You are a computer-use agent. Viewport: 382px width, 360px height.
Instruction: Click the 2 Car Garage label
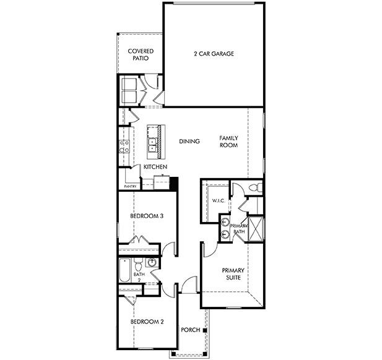pos(214,54)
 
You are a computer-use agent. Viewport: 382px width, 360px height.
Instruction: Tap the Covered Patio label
pos(141,55)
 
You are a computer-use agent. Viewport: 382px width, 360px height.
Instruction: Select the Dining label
pos(189,141)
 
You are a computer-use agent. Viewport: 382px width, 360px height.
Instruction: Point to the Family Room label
pos(228,142)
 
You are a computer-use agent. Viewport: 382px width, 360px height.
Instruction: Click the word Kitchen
pos(155,167)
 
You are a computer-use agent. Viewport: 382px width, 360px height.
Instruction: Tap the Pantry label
pos(130,186)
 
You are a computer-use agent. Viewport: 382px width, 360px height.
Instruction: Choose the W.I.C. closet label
pos(218,201)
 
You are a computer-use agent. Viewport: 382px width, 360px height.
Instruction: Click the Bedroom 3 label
pos(147,216)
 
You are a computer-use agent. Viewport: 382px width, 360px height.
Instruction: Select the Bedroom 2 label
pos(147,322)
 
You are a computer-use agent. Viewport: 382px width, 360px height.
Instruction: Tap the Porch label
pos(191,330)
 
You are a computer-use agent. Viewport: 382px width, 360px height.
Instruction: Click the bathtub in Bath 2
pos(125,270)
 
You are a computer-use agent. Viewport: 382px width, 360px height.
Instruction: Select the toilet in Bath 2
pos(138,265)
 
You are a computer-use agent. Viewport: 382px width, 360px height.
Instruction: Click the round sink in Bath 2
pos(152,263)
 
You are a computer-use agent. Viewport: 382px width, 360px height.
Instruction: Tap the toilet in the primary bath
pos(255,187)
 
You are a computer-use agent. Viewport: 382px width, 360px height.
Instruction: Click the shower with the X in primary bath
pos(256,229)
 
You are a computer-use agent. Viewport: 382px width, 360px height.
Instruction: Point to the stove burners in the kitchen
pos(124,147)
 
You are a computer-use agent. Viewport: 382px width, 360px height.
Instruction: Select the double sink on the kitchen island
pos(152,145)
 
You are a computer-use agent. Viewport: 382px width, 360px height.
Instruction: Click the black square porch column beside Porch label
pos(205,330)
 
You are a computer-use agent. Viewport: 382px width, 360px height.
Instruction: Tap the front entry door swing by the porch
pos(189,285)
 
